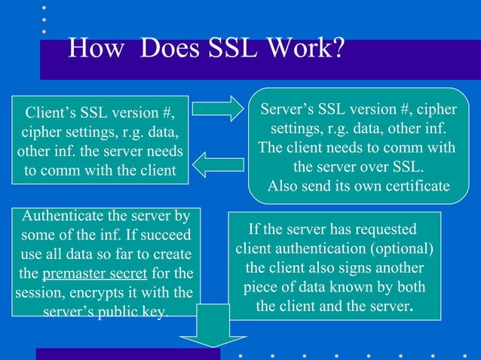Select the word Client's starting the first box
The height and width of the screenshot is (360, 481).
[x=56, y=115]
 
